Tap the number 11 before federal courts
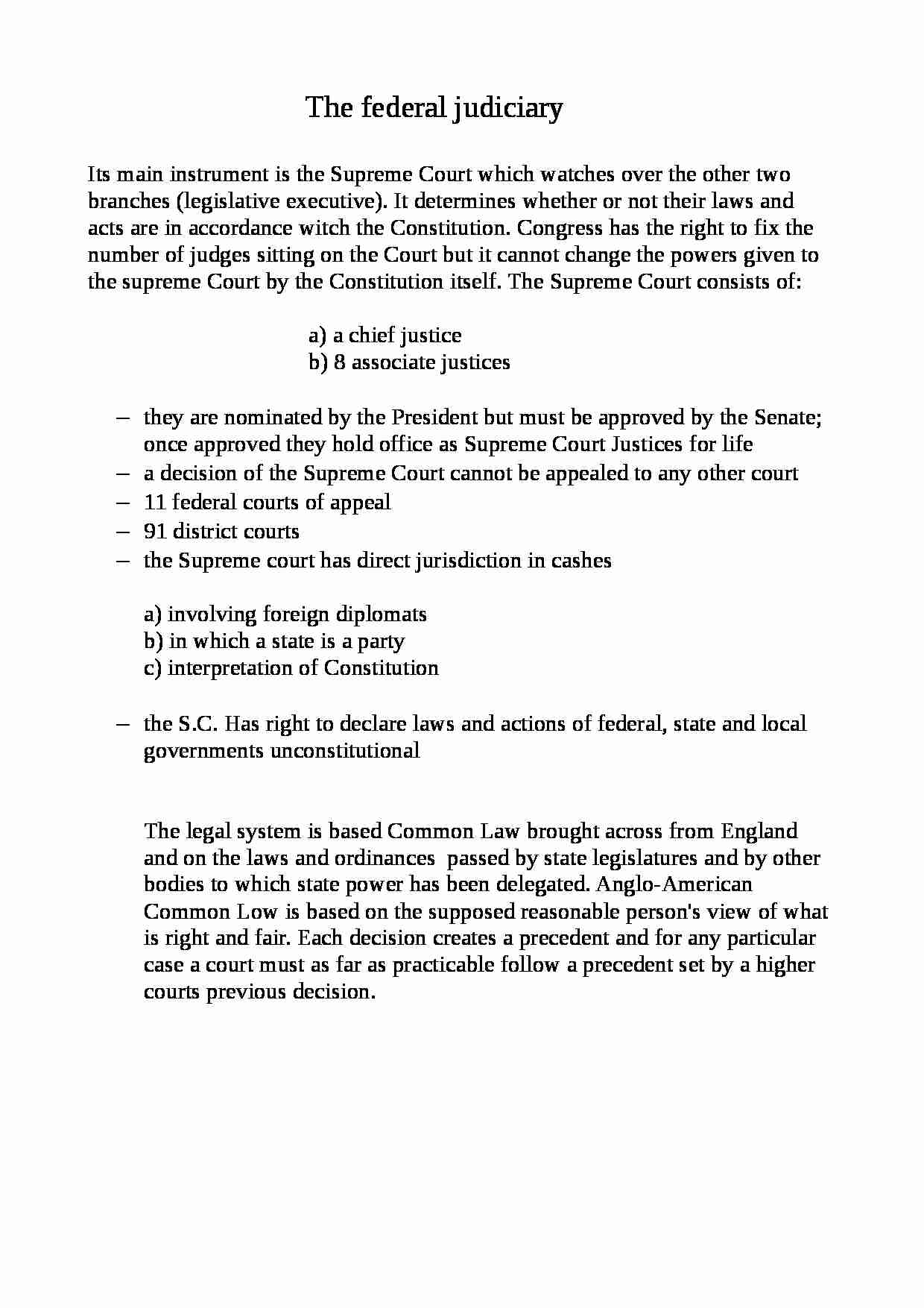154,503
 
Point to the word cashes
581,561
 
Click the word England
760,831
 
